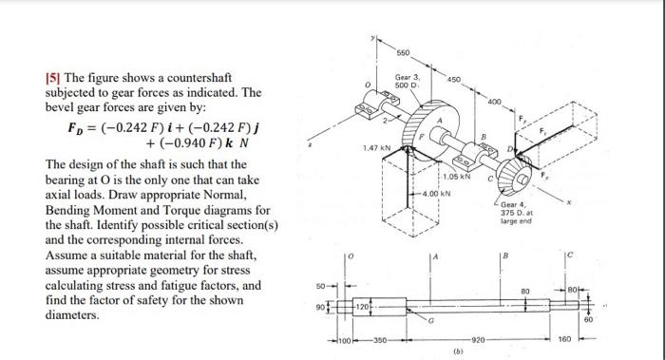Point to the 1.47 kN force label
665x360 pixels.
click(376, 148)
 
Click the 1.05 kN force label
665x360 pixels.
click(450, 177)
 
